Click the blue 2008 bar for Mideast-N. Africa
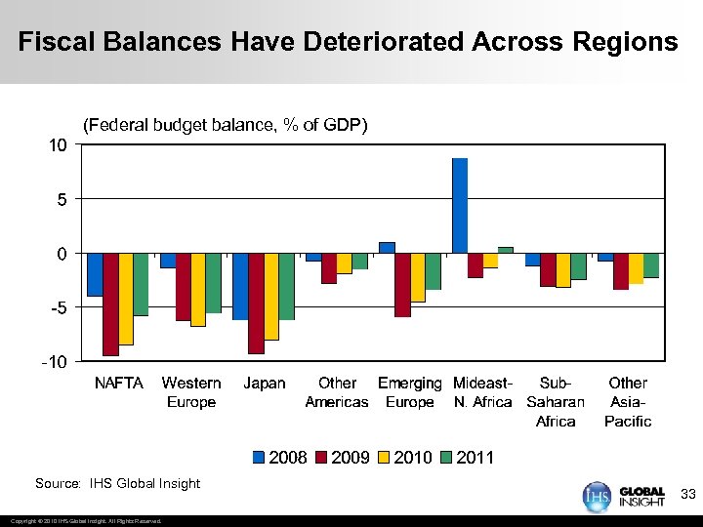(x=460, y=205)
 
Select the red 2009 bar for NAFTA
(x=110, y=304)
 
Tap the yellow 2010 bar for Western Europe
(x=198, y=289)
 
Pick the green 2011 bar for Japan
(x=286, y=286)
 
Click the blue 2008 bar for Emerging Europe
(x=387, y=247)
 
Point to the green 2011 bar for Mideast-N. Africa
(x=505, y=250)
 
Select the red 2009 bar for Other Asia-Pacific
(x=620, y=270)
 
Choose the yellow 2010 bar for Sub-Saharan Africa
(x=562, y=269)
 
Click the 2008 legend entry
(x=280, y=457)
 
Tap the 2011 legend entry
(x=468, y=457)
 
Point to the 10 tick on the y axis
(x=59, y=145)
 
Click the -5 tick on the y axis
(x=59, y=307)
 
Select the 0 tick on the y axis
(x=62, y=254)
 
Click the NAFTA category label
(x=118, y=383)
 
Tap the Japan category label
(x=265, y=383)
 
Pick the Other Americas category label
(x=337, y=392)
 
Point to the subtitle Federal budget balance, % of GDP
(x=225, y=125)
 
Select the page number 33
(x=687, y=495)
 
